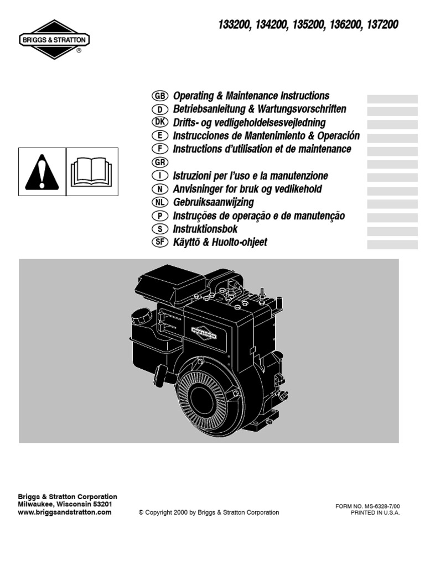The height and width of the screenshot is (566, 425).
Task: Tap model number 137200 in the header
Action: click(x=381, y=25)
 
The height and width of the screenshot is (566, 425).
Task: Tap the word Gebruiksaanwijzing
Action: click(x=214, y=202)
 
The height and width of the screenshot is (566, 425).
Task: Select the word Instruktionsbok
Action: click(x=205, y=229)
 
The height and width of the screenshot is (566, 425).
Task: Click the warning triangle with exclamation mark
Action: click(x=42, y=171)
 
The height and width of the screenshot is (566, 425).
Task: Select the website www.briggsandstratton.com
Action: click(x=65, y=512)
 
